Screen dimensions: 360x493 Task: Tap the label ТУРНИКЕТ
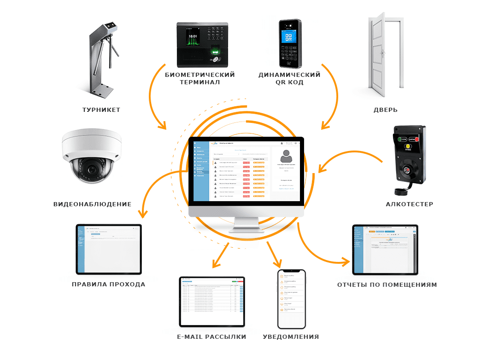(101, 110)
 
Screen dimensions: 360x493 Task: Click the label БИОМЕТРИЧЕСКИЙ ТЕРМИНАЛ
(200, 78)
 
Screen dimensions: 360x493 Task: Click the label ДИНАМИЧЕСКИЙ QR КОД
(289, 78)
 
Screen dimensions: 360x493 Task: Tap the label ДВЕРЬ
(386, 110)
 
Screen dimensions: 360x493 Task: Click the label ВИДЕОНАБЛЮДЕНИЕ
(93, 204)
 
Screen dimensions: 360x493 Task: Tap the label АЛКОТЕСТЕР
(410, 204)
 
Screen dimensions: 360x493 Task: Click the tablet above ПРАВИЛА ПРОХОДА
(109, 249)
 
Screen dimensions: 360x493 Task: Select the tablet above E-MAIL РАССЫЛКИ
(212, 301)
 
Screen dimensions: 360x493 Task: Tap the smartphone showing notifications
(291, 299)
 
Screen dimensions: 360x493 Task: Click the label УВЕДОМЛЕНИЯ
(291, 337)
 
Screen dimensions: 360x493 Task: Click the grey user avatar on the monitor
(286, 156)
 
